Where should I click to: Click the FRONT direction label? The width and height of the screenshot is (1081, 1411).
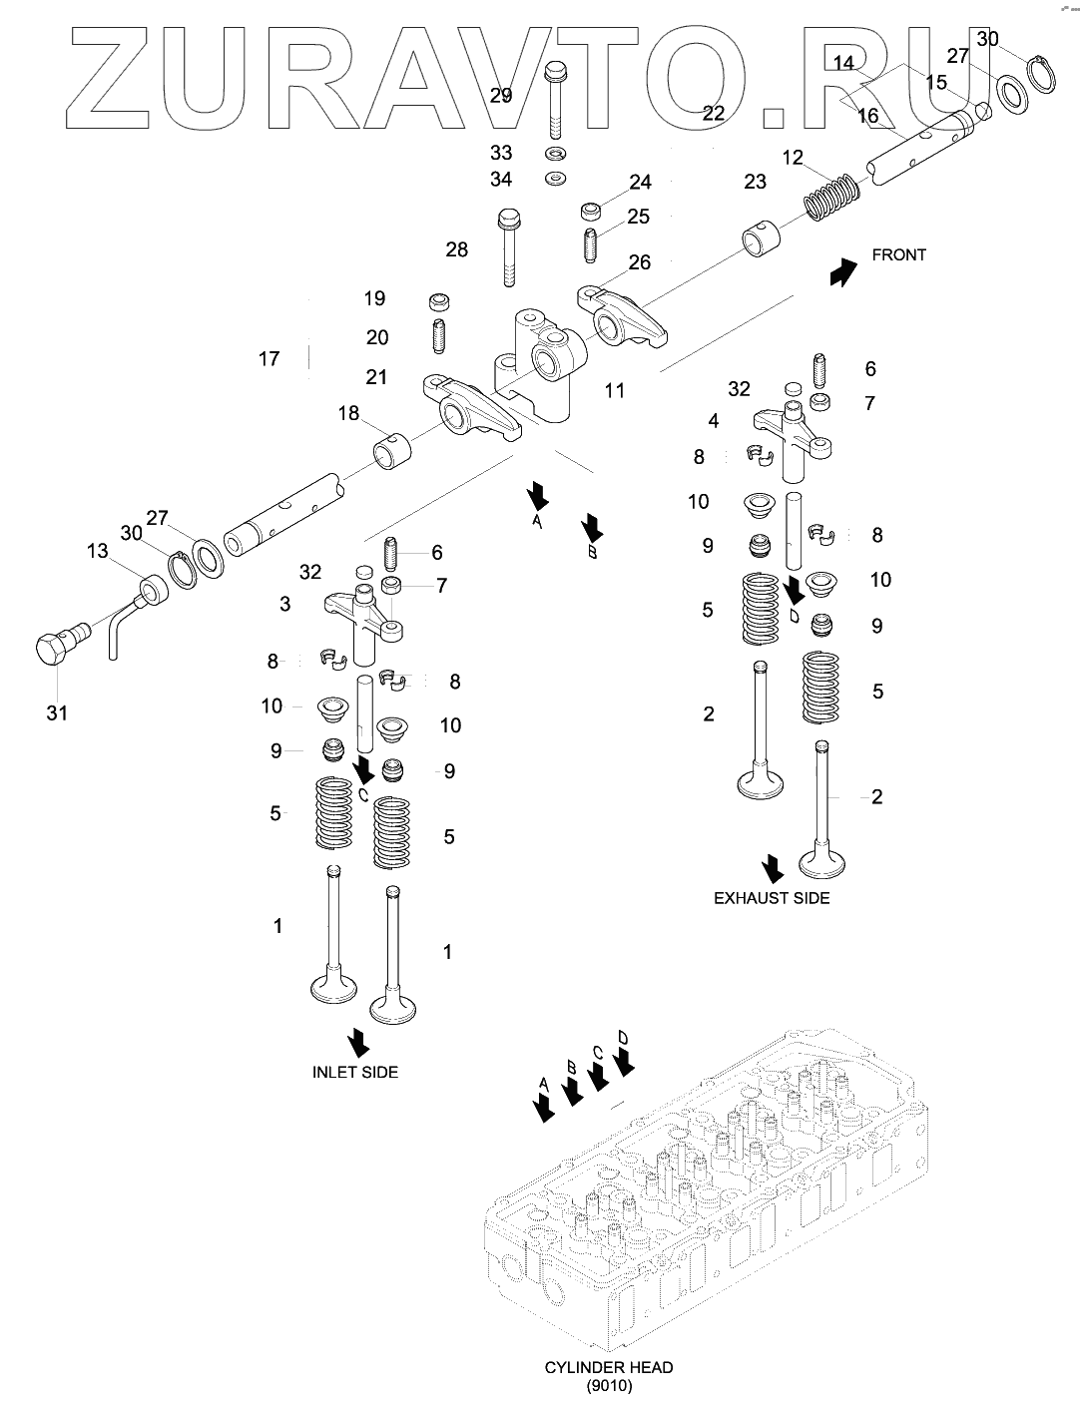coord(898,254)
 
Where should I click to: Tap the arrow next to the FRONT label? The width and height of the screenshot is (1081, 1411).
coord(843,270)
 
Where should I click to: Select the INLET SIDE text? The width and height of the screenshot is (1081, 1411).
coord(355,1072)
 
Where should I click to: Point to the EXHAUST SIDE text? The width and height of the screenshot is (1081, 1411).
coord(772,897)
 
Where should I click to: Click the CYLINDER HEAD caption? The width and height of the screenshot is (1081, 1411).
coord(609,1367)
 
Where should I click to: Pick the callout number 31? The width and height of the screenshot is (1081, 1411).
coord(58,712)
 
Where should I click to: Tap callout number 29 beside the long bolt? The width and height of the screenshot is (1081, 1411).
coord(501,96)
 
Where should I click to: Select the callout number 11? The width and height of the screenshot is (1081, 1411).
coord(615,390)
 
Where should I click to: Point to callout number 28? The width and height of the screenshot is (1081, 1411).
coord(456,249)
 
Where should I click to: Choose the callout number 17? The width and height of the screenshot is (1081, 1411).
coord(269,358)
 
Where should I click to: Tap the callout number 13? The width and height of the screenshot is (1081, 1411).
coord(97,551)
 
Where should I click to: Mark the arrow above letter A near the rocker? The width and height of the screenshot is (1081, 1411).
coord(537,494)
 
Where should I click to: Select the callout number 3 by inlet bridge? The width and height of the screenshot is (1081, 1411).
coord(285,604)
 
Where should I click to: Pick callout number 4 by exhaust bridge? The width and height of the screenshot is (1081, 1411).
coord(713,421)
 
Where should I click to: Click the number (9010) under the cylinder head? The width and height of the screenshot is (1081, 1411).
coord(609,1385)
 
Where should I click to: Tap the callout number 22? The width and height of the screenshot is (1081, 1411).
coord(713,113)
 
